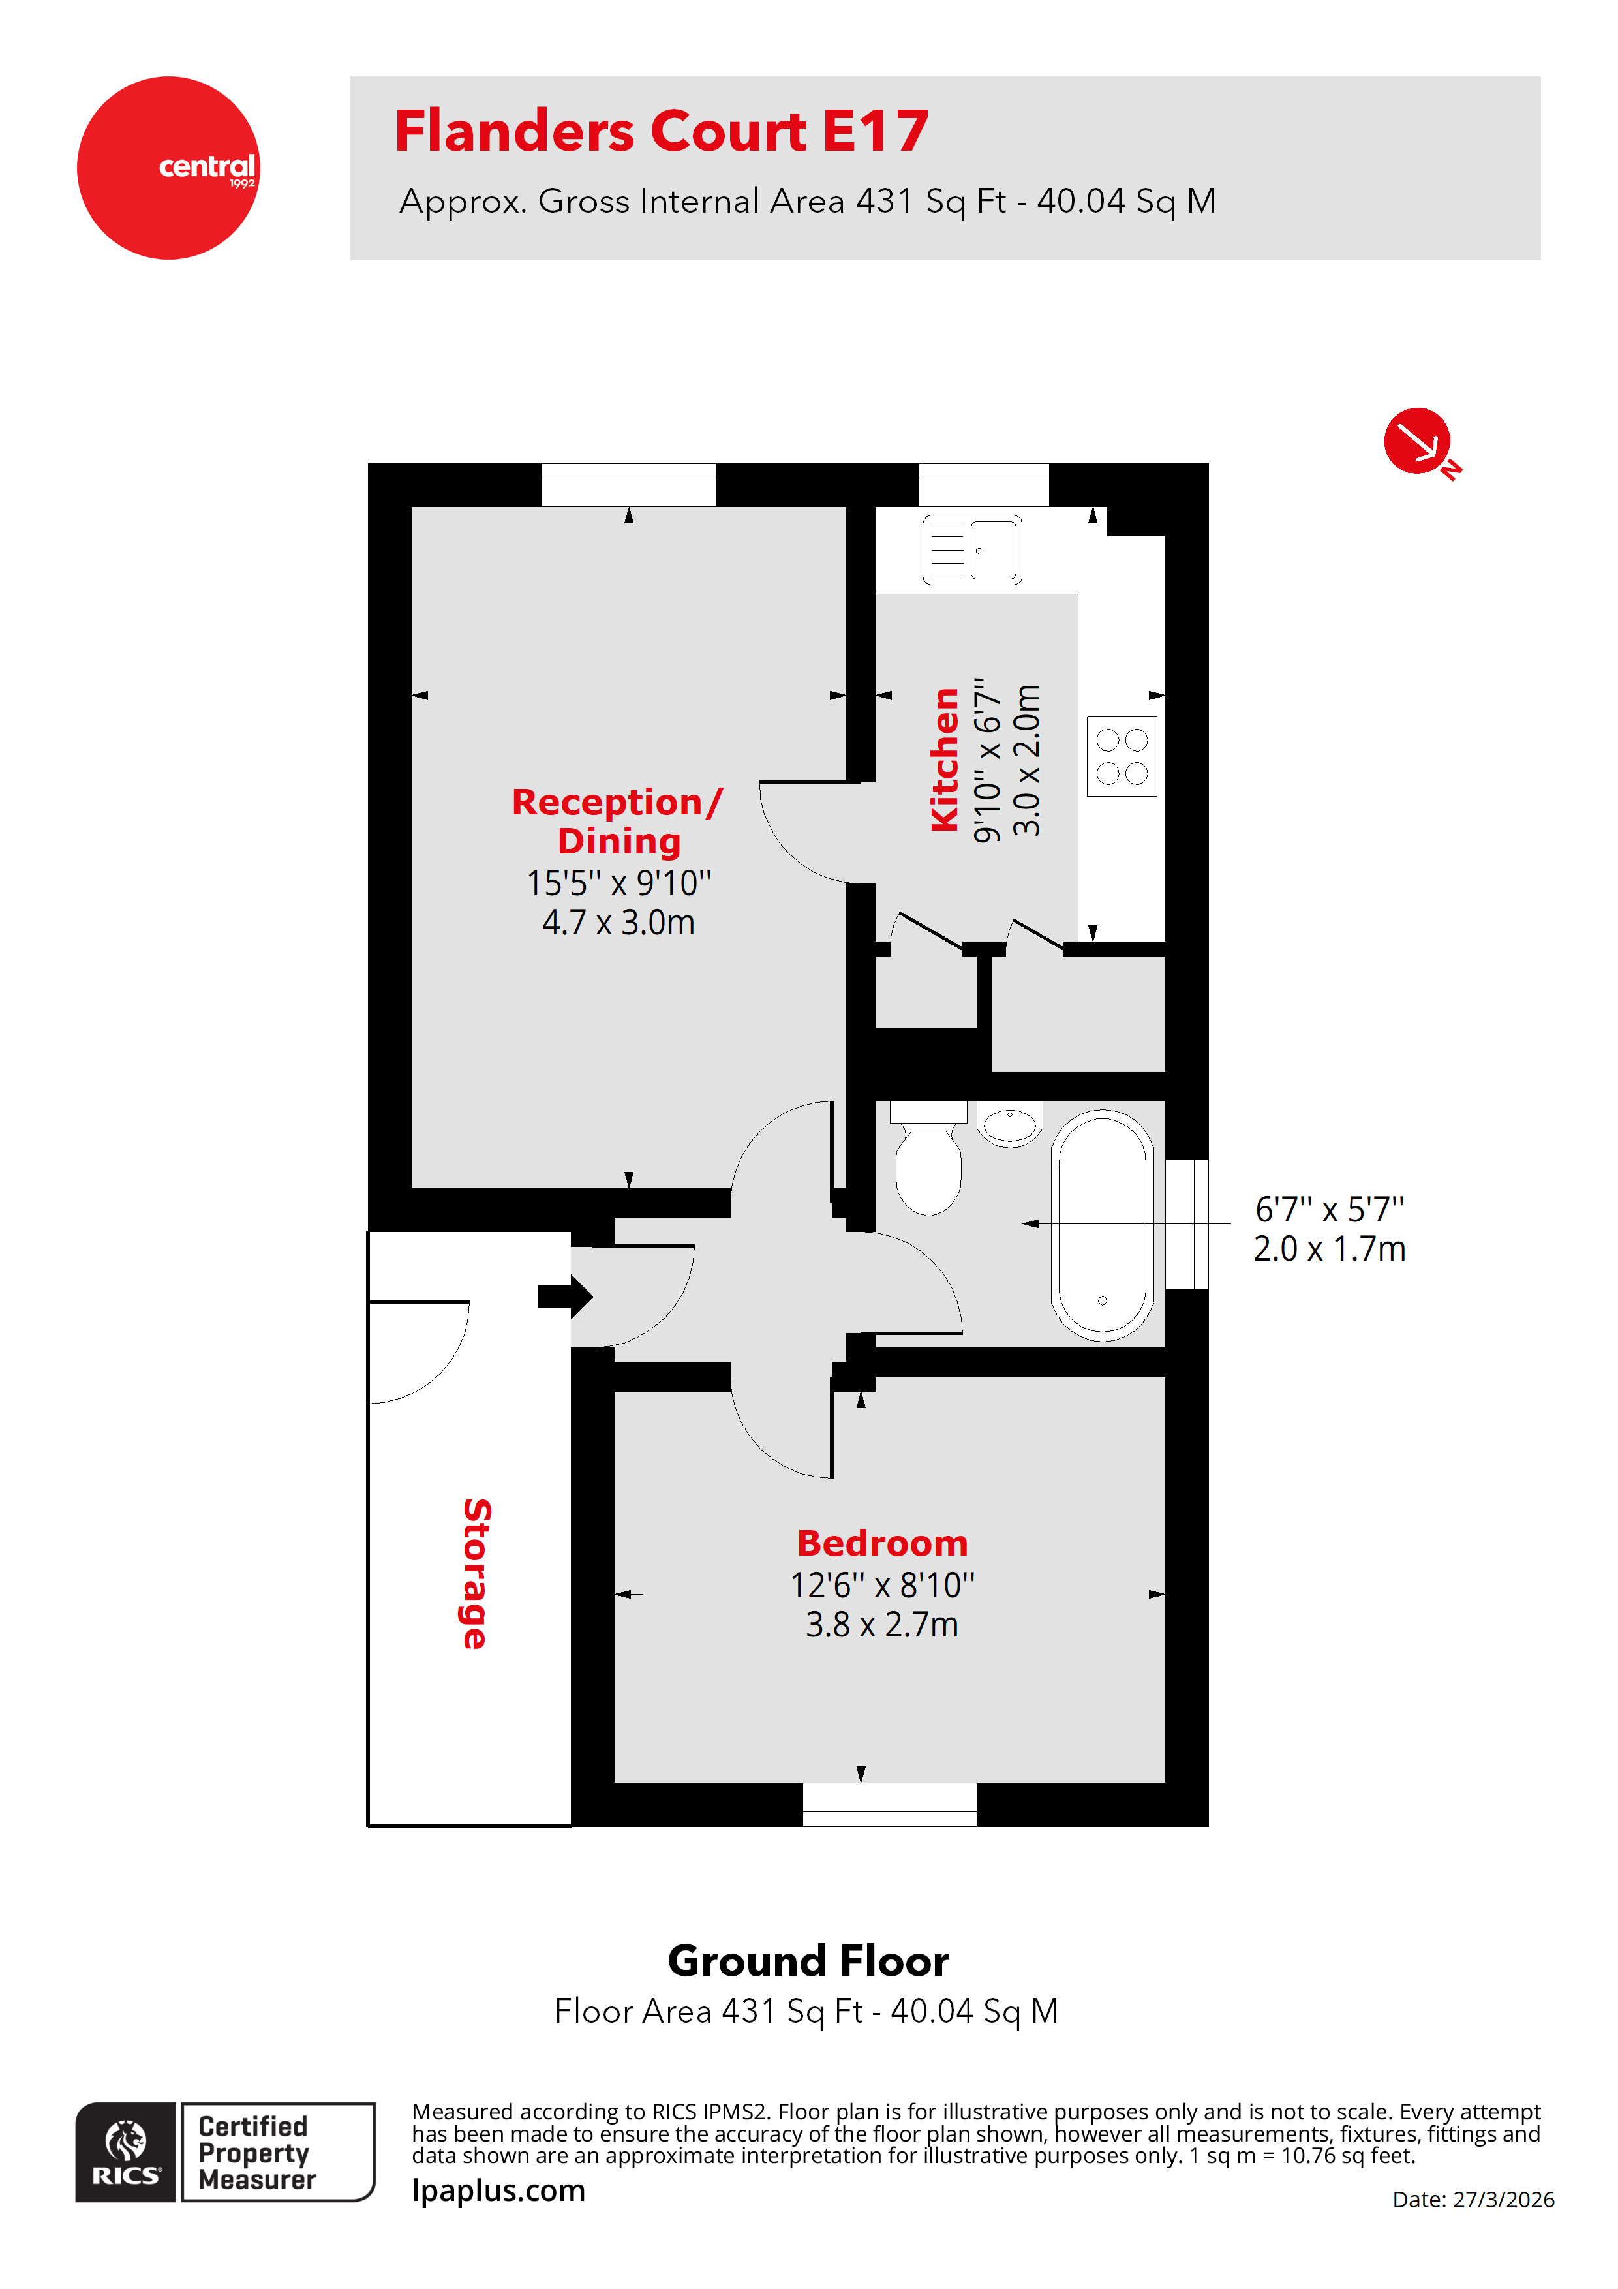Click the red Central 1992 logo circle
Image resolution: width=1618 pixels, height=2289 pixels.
168,168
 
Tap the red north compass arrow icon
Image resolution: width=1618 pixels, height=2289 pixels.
1416,440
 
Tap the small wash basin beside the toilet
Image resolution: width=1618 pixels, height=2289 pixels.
1009,1124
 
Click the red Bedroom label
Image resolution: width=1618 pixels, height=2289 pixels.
882,1543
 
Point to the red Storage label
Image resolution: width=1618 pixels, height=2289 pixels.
476,1573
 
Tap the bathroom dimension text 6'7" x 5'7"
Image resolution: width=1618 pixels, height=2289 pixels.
1329,1209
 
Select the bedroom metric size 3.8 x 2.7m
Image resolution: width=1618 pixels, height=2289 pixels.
882,1624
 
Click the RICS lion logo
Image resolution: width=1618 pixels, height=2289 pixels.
126,2151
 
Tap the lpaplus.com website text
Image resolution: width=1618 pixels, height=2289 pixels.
498,2190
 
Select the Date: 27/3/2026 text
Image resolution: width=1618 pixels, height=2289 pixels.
1473,2199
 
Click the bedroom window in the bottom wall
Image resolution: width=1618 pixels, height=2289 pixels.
889,1804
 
